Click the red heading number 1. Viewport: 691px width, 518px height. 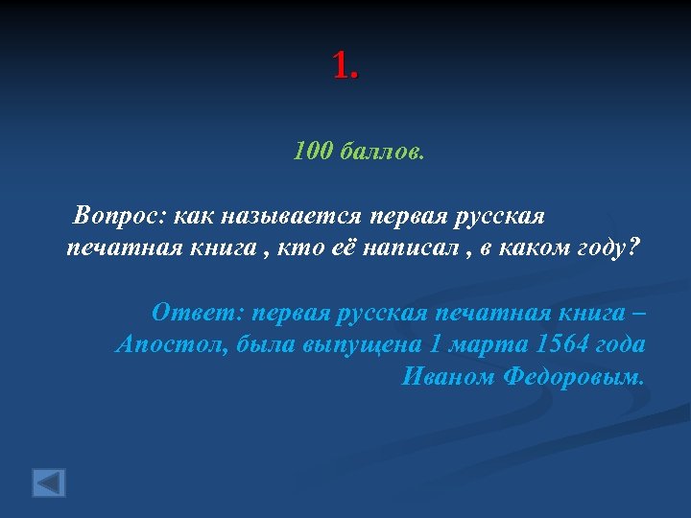(x=345, y=65)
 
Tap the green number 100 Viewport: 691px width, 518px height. (x=314, y=151)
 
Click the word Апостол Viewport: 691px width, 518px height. (x=167, y=344)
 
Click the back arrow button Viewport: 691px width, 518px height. (x=49, y=482)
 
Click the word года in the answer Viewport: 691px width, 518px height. (x=622, y=344)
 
